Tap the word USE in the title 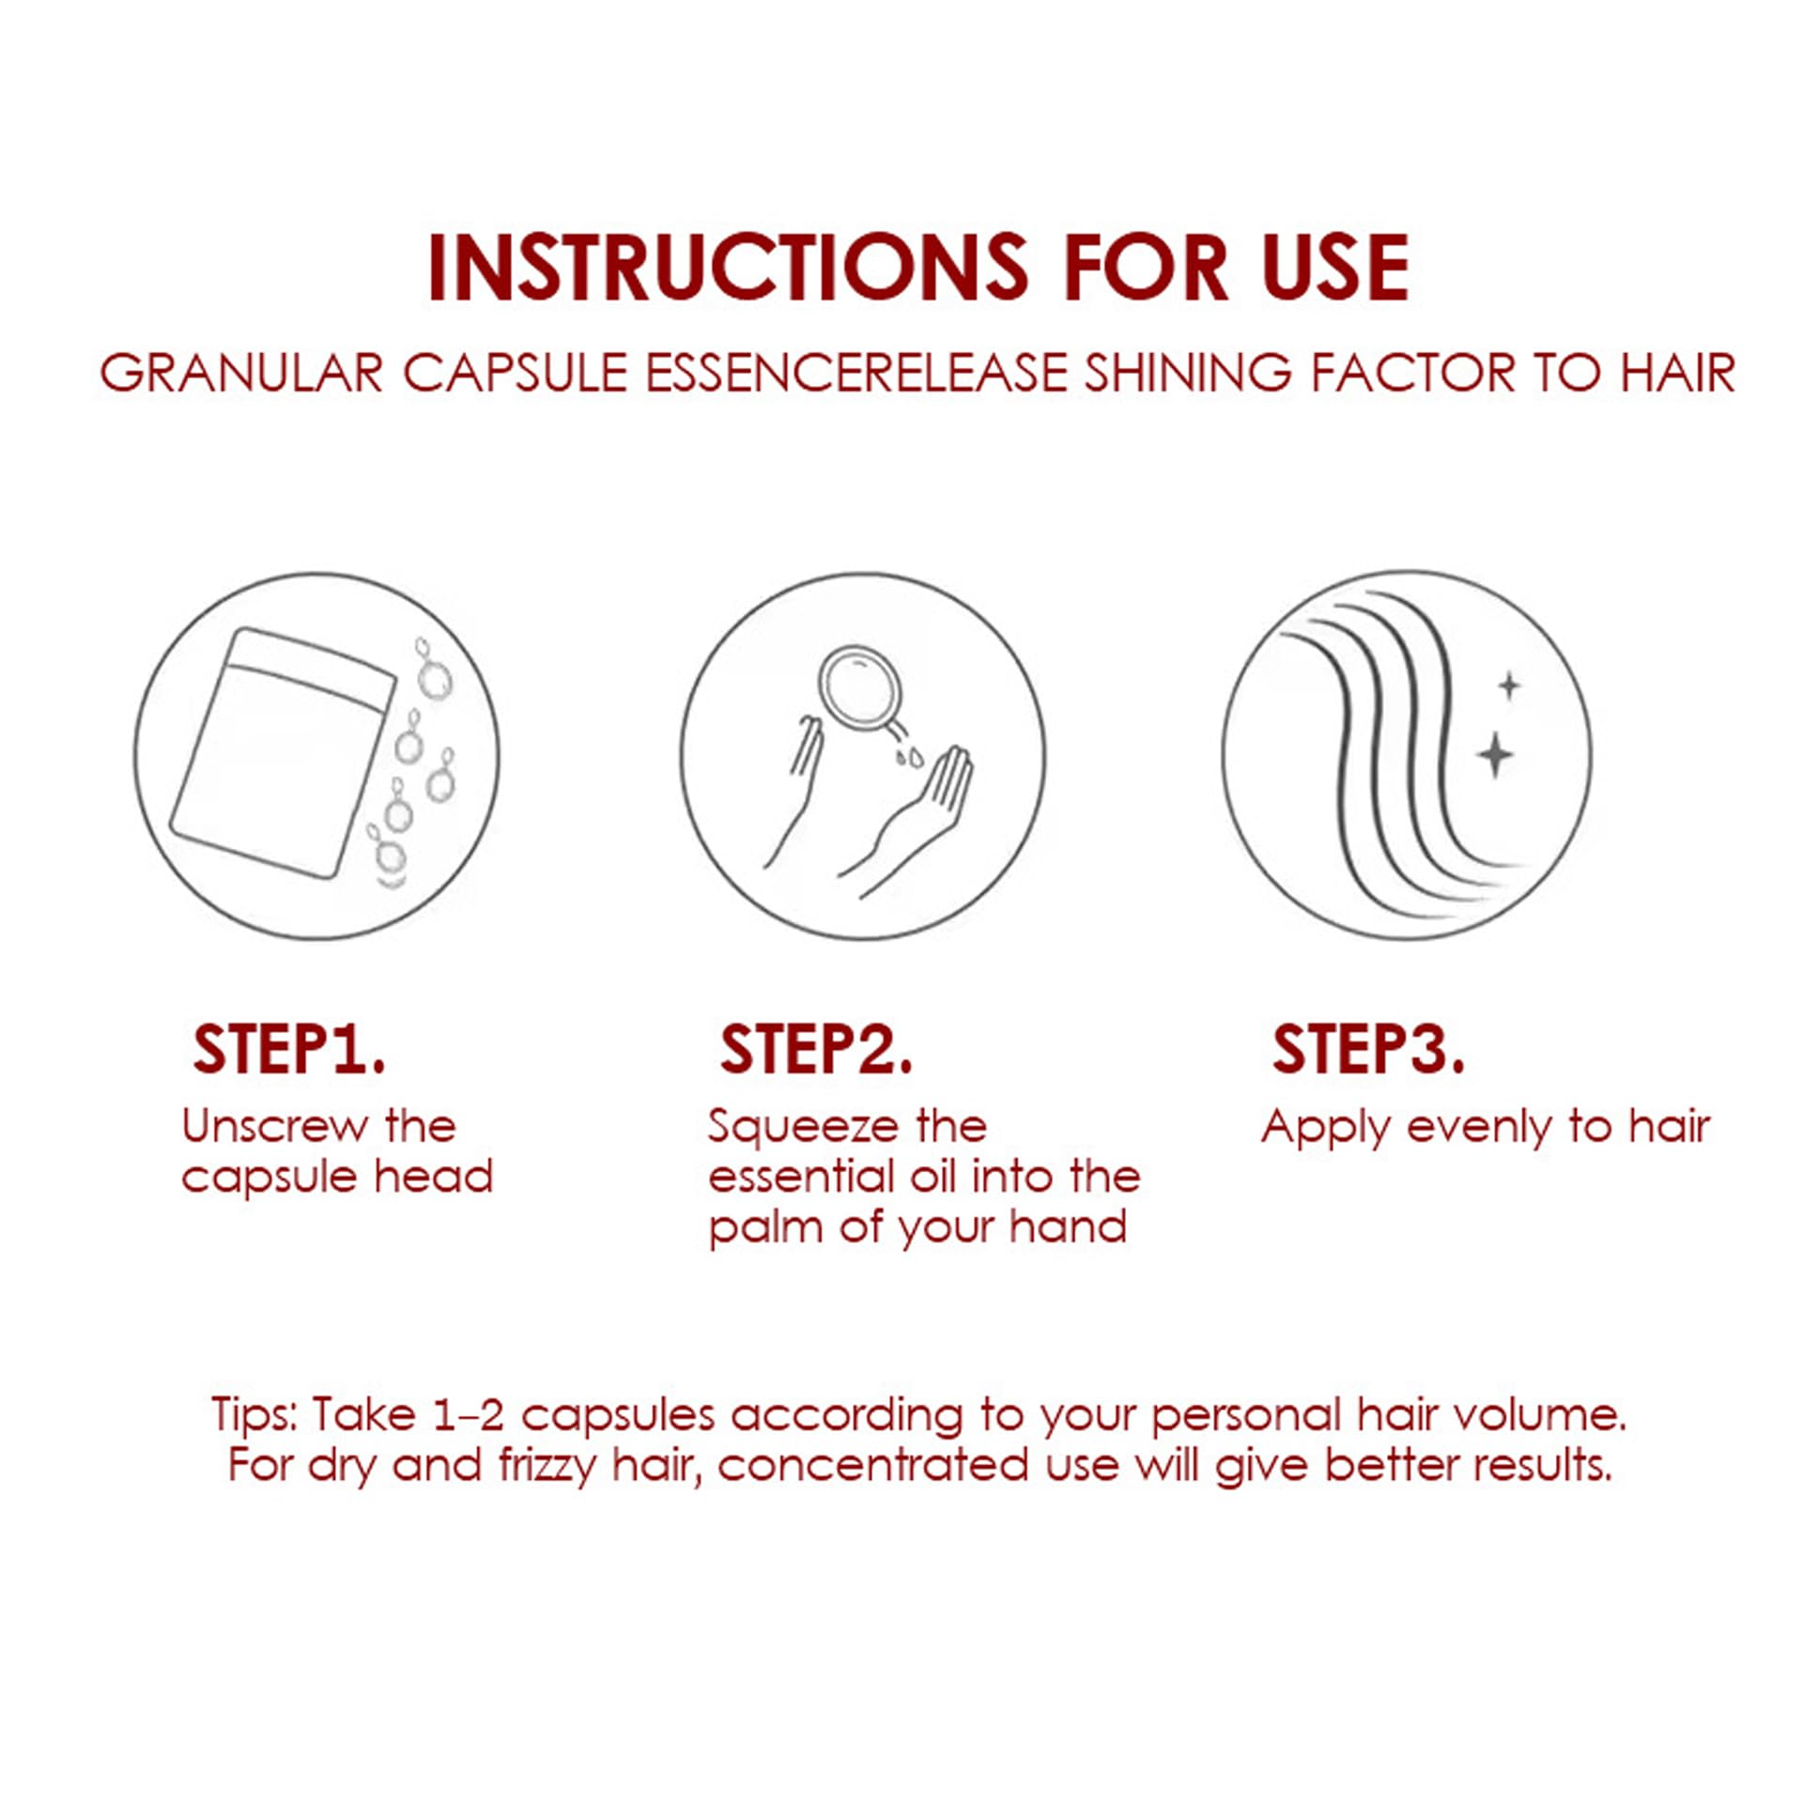(1334, 268)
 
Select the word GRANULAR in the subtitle (242, 373)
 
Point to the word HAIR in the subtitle (1677, 373)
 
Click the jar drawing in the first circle (283, 753)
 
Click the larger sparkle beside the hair (1494, 754)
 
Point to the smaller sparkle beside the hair (1509, 686)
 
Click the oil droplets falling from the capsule (908, 757)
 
